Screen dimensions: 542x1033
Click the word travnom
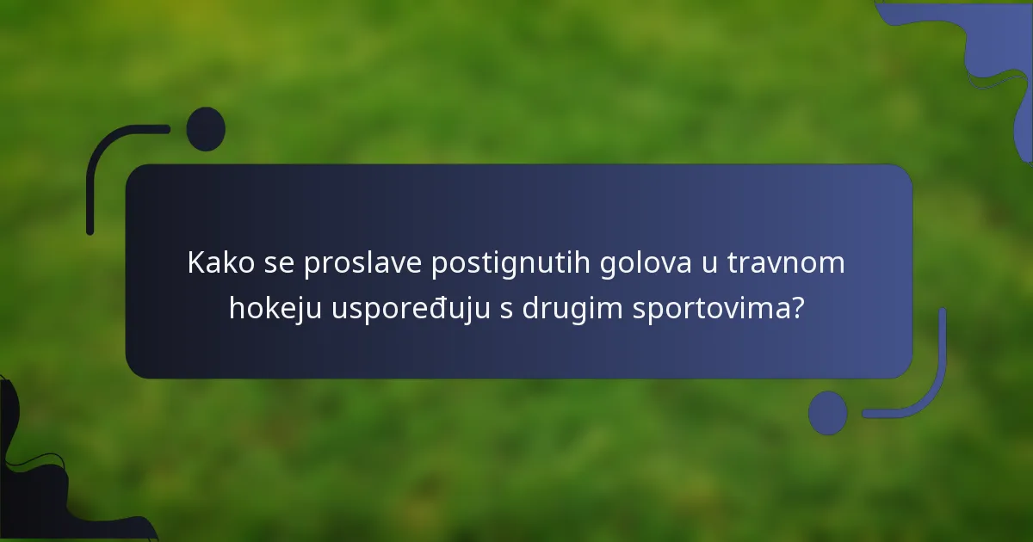click(786, 264)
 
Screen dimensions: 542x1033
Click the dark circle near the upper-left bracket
click(206, 129)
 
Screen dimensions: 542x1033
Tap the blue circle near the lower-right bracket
click(827, 412)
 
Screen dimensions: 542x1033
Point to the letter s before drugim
click(506, 310)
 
